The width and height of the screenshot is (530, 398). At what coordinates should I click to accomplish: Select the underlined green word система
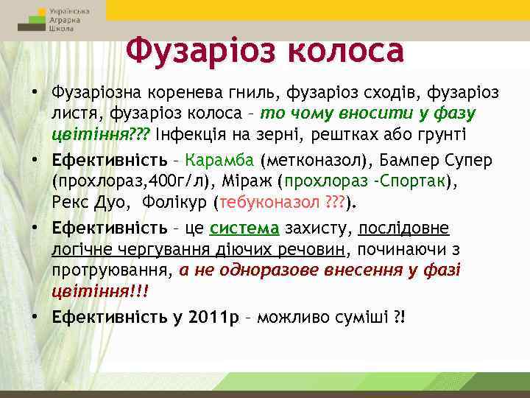click(x=245, y=228)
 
